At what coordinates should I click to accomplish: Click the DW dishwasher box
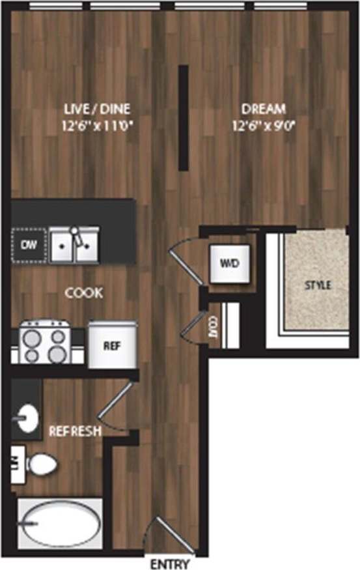[28, 245]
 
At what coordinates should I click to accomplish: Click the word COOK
[84, 293]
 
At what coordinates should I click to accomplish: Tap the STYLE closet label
[318, 285]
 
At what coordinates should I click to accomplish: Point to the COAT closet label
[213, 326]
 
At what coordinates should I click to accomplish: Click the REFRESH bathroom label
[74, 431]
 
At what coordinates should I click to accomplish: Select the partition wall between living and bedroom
[184, 117]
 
